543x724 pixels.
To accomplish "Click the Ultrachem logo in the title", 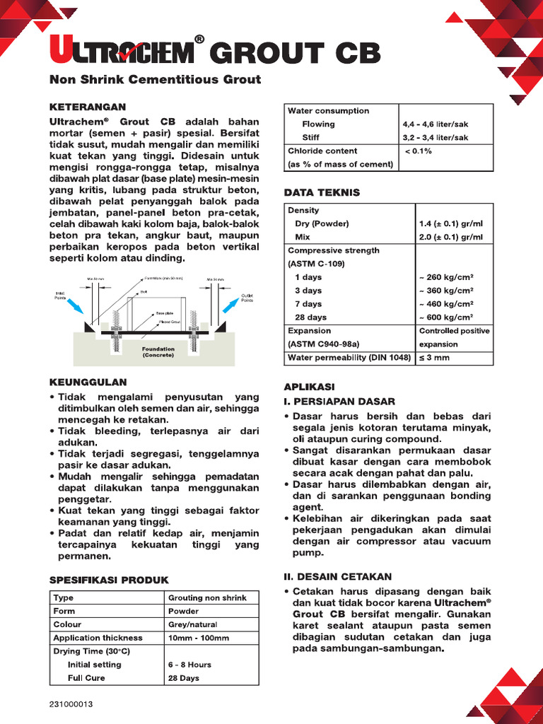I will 120,54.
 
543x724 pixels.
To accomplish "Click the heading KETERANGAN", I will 87,107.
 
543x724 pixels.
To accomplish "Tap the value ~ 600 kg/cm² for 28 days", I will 445,317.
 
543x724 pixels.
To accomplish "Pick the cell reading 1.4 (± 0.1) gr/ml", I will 451,223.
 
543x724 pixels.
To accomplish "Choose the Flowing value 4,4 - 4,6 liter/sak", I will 435,124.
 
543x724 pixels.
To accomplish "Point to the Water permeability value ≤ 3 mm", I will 434,358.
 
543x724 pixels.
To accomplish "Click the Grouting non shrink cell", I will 207,597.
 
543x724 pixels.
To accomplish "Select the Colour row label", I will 67,624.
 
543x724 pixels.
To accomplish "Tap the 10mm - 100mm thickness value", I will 199,638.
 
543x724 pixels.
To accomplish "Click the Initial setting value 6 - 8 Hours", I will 189,665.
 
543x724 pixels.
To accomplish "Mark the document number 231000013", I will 71,705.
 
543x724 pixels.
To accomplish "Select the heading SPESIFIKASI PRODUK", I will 109,580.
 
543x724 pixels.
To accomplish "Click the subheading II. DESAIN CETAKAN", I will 337,577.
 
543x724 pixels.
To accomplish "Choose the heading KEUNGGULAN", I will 88,382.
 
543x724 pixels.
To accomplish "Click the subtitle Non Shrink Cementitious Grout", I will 155,79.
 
